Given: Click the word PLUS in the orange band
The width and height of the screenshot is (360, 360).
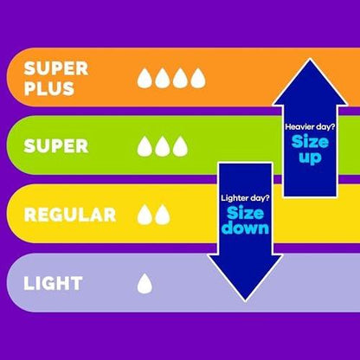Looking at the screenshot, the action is pyautogui.click(x=49, y=88).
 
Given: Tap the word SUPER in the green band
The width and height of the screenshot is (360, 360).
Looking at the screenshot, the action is pyautogui.click(x=56, y=146).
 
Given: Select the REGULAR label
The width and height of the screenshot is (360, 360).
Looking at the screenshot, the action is pyautogui.click(x=70, y=215).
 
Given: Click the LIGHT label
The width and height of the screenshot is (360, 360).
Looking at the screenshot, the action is pyautogui.click(x=53, y=283).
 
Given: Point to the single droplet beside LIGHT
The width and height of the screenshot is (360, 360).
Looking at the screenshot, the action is pyautogui.click(x=145, y=284).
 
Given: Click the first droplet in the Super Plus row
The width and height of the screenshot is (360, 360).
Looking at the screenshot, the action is pyautogui.click(x=145, y=78).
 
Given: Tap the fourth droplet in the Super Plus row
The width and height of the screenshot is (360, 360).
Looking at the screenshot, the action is pyautogui.click(x=198, y=78).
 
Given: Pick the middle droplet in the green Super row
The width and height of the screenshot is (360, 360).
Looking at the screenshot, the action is pyautogui.click(x=163, y=146).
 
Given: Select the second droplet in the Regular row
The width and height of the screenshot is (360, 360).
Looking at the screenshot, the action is pyautogui.click(x=163, y=215).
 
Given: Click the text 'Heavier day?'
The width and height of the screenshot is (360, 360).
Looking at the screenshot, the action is pyautogui.click(x=310, y=127).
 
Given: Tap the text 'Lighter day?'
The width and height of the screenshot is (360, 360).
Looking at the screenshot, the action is pyautogui.click(x=245, y=198).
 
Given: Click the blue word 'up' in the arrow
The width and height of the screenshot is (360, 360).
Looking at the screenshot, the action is pyautogui.click(x=310, y=158).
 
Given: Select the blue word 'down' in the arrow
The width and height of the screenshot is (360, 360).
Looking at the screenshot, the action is pyautogui.click(x=246, y=228).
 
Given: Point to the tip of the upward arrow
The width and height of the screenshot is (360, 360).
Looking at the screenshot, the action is pyautogui.click(x=310, y=60).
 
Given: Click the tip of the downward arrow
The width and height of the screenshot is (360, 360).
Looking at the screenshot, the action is pyautogui.click(x=245, y=301).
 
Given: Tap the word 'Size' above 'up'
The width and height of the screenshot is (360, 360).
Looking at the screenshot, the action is pyautogui.click(x=310, y=142).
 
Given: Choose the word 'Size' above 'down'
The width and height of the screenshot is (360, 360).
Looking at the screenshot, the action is pyautogui.click(x=246, y=214).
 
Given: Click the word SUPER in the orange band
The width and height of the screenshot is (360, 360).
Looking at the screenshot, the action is pyautogui.click(x=56, y=68).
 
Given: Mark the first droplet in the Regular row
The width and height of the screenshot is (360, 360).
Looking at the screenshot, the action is pyautogui.click(x=145, y=215).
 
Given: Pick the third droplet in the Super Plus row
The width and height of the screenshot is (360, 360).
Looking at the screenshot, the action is pyautogui.click(x=180, y=78).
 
